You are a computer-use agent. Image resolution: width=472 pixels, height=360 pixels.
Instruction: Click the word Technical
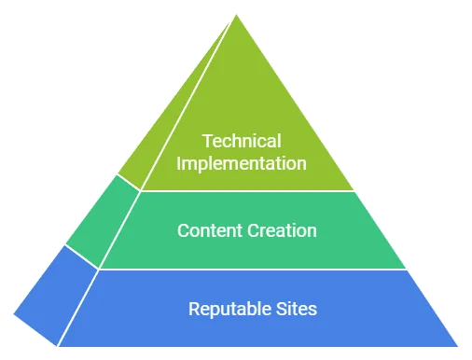242,142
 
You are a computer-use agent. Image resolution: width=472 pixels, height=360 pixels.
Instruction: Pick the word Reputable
226,308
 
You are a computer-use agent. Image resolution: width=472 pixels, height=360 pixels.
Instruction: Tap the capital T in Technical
207,142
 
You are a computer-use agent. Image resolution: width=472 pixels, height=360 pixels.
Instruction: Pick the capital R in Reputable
193,308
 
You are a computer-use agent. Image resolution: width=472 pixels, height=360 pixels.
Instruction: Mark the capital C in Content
183,229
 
